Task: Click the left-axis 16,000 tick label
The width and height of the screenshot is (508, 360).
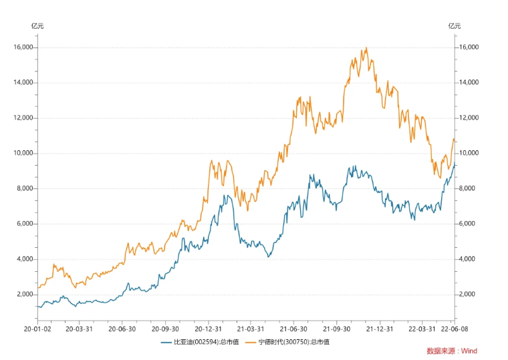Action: coord(23,47)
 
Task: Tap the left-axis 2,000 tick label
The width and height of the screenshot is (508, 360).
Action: coord(25,295)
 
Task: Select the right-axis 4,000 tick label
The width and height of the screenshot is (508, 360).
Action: coord(468,259)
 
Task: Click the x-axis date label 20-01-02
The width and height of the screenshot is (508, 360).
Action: coord(37,329)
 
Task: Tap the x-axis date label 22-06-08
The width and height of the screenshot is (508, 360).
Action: coord(455,329)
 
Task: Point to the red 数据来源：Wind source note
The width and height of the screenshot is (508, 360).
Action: coord(452,351)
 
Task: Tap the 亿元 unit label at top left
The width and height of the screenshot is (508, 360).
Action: coord(37,26)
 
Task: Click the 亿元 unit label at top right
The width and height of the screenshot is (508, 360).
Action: coord(455,26)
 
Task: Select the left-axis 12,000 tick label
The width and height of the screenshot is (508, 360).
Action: coord(23,118)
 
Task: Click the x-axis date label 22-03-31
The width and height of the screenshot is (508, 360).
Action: coord(423,329)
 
